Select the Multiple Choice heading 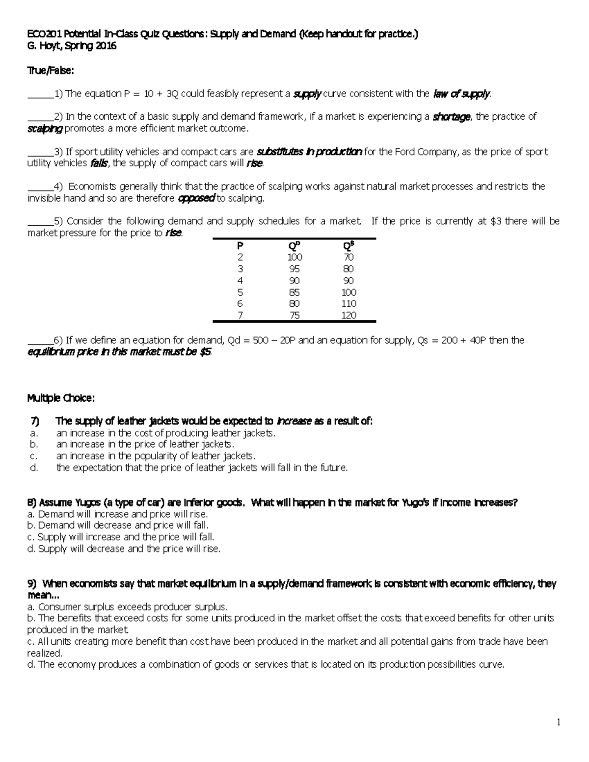click(x=60, y=398)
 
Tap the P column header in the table click(x=240, y=245)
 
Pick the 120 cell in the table click(x=348, y=315)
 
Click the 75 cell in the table click(x=294, y=315)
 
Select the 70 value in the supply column click(x=348, y=257)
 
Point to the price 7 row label click(x=240, y=315)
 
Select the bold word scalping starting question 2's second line click(x=45, y=129)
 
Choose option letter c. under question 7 click(x=33, y=456)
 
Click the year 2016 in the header click(x=106, y=47)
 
